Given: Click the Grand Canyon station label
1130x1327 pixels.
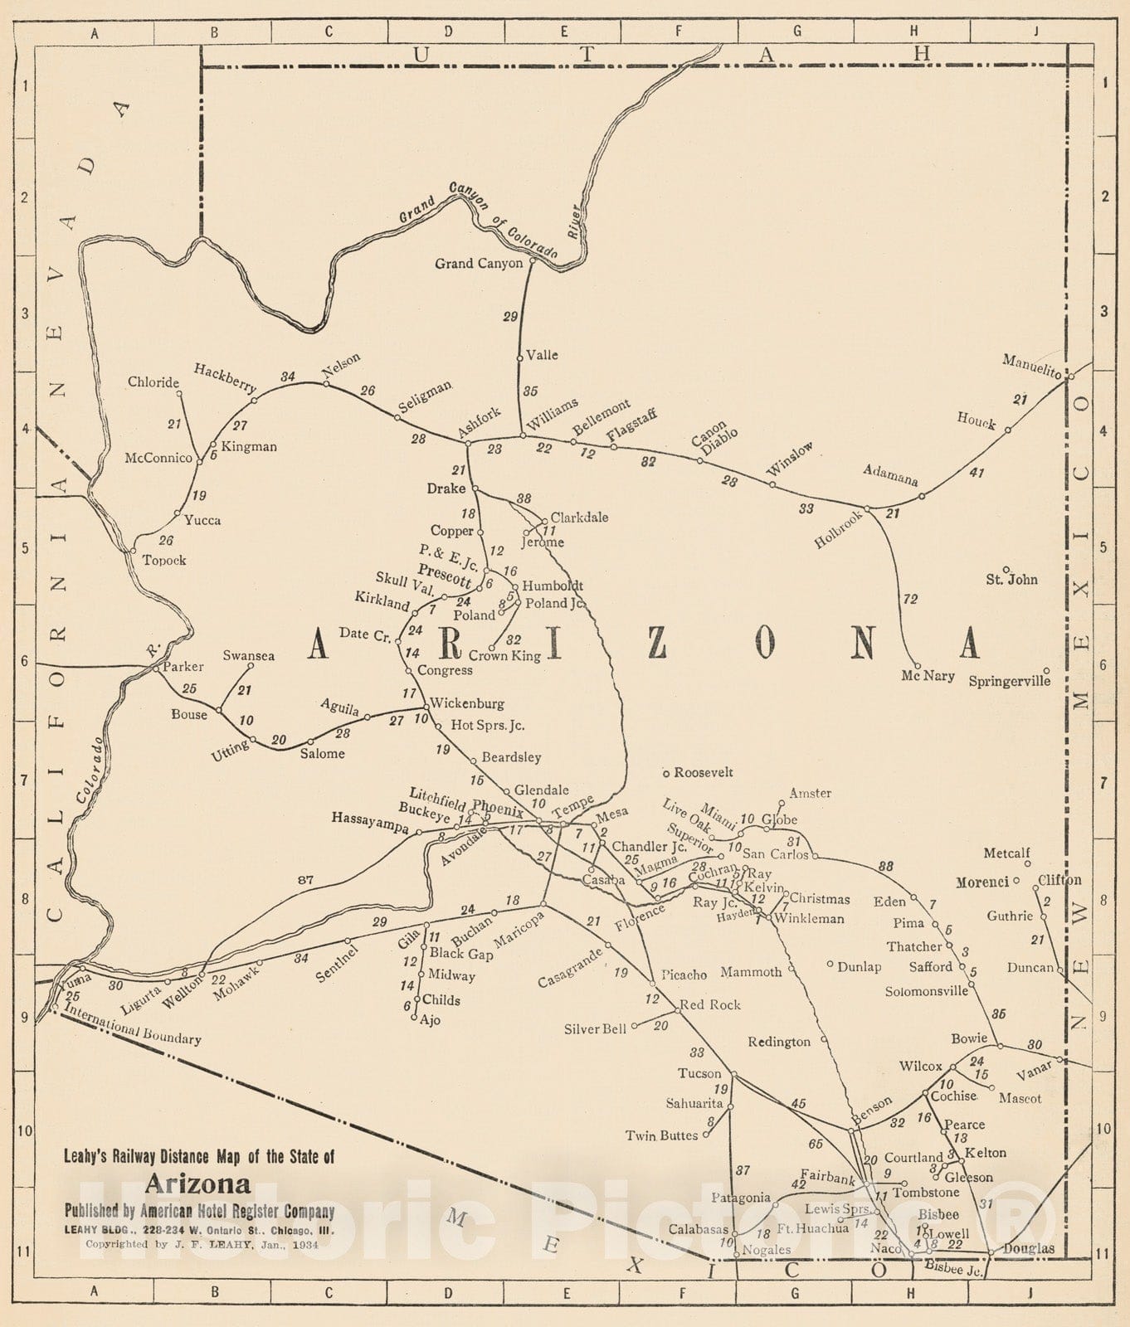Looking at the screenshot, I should pos(479,264).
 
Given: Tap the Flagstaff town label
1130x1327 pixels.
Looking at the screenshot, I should pos(631,426).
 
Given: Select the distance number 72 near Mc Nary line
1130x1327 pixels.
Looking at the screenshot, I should pos(910,599).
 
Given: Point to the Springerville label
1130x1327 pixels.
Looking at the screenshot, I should pos(1009,681).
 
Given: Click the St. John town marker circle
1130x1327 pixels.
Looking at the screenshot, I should pos(1006,569).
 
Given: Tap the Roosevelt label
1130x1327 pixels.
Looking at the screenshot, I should pos(703,772).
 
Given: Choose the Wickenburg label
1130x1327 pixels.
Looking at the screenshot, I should pos(466,703).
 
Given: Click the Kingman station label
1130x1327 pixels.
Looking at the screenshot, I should pos(249,446).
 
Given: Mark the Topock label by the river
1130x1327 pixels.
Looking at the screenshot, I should pos(163,561).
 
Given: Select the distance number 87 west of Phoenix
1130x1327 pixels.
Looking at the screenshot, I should pos(305,879).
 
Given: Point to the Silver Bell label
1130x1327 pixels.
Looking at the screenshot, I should pos(594,1029).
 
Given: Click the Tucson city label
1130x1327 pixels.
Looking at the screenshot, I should pos(699,1073).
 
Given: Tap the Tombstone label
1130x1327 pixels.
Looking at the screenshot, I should pos(925,1193).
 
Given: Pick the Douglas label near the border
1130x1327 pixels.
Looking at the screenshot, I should pos(1029,1248).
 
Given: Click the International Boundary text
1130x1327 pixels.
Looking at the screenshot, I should pos(132,1023).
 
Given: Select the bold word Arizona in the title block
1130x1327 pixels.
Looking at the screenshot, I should pos(198,1184).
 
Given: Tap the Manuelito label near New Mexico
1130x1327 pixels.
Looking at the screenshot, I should pos(1031,366).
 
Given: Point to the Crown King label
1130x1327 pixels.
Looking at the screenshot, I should pos(504,656).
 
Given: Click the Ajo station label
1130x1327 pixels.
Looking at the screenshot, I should pos(430,1020).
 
